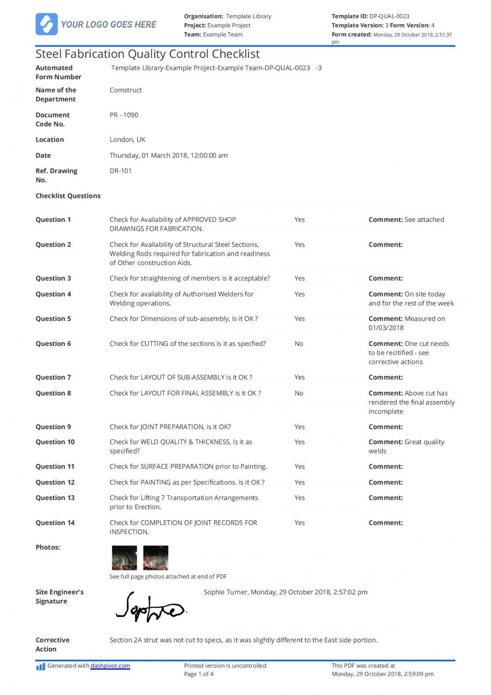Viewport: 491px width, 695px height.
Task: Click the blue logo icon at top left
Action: tap(46, 24)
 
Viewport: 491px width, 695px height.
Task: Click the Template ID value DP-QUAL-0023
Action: tap(389, 16)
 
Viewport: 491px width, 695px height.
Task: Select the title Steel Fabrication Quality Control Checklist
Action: tap(147, 54)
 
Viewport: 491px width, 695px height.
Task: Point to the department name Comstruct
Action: tap(125, 90)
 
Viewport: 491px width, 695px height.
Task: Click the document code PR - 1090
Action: tap(124, 115)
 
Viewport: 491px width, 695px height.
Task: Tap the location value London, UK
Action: tap(127, 140)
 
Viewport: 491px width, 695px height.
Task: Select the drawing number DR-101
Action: tap(120, 171)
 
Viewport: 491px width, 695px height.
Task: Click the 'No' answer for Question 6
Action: tap(299, 344)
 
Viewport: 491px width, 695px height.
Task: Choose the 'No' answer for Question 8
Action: tap(299, 393)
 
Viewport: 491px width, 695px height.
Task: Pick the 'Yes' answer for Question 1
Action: tap(299, 220)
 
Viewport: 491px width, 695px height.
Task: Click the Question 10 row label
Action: tap(55, 442)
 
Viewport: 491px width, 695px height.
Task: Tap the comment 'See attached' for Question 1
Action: tap(424, 220)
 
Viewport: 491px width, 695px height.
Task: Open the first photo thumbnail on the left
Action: tap(124, 558)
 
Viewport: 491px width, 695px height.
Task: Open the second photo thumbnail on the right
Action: tap(156, 558)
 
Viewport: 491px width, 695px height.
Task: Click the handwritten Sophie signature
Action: tap(150, 608)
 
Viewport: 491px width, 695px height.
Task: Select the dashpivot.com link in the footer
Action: tap(110, 666)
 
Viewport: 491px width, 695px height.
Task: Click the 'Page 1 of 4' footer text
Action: tap(198, 674)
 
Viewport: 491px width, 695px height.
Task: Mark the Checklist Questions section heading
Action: tap(68, 196)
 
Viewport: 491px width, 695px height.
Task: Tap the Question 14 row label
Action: tap(55, 523)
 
